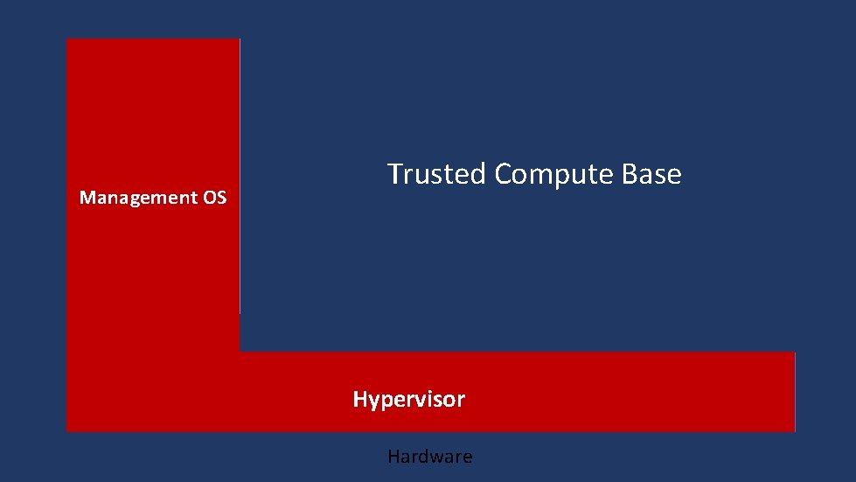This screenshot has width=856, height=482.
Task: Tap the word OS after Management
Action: coord(215,198)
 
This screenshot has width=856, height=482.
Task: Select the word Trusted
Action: coord(437,174)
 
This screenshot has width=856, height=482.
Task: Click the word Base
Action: coord(651,174)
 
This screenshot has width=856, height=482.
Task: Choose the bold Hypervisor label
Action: coord(408,401)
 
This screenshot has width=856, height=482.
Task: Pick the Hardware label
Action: coord(429,457)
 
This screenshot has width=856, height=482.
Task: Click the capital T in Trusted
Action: coord(395,174)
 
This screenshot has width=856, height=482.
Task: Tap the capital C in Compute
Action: coord(503,174)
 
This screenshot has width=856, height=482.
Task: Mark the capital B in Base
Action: coord(629,174)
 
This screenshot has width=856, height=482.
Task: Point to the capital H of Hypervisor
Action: coord(359,400)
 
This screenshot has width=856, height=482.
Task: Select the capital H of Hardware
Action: coord(393,457)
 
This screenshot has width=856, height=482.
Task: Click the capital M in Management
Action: coord(86,198)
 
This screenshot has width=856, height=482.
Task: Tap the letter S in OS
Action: coord(221,198)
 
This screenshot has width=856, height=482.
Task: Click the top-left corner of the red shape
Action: coord(67,39)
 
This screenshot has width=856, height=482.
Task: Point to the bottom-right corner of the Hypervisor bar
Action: coord(794,430)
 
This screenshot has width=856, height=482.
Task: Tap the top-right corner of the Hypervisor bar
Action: coord(794,353)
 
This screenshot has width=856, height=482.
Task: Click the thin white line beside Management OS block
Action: coord(240,175)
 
